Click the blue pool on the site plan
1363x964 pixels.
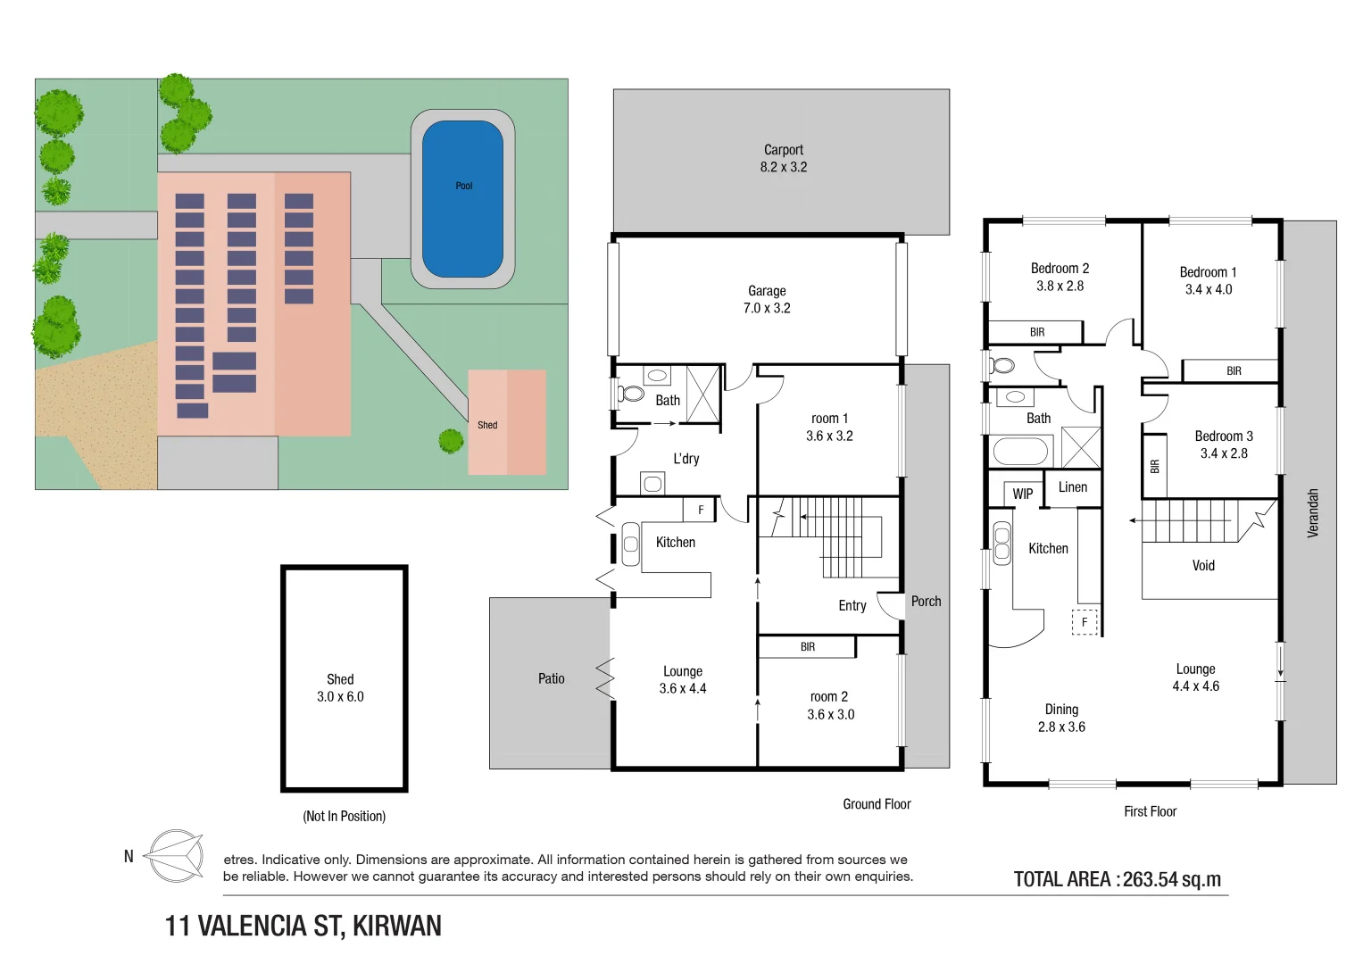(462, 199)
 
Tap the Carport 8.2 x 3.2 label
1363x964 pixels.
(783, 158)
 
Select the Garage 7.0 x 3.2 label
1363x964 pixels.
(767, 299)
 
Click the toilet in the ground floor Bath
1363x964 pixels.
(630, 394)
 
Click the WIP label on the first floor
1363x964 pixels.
(1022, 494)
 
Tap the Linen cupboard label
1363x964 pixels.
(1072, 486)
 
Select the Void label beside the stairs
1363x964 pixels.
(1203, 565)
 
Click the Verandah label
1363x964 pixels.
(1312, 513)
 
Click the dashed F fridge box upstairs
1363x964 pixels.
(1085, 622)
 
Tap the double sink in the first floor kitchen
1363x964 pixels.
(1001, 544)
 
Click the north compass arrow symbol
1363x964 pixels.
(176, 856)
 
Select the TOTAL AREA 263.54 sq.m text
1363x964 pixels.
(1118, 879)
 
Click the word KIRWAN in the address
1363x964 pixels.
(396, 926)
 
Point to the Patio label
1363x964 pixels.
(551, 678)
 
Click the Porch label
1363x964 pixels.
(926, 602)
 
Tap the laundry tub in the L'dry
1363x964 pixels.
(652, 484)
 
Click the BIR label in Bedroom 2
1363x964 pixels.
(1037, 332)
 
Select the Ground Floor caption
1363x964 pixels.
(877, 804)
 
